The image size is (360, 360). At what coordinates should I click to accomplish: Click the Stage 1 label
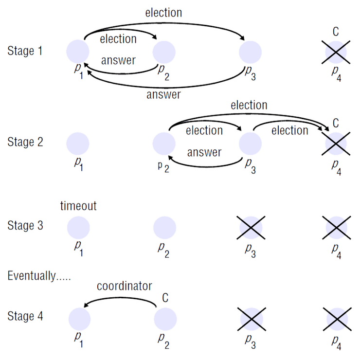[28, 51]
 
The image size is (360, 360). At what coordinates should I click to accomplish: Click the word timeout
[78, 206]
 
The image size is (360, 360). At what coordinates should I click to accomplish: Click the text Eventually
[39, 276]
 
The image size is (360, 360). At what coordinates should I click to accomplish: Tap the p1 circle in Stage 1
[77, 51]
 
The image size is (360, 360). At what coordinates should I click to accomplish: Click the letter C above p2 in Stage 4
[165, 297]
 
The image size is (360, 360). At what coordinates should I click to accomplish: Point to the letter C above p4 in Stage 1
[336, 32]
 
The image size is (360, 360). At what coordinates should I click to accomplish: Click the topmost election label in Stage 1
[163, 13]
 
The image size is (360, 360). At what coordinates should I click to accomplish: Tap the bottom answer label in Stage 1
[163, 95]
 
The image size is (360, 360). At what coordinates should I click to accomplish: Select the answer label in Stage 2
[204, 153]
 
